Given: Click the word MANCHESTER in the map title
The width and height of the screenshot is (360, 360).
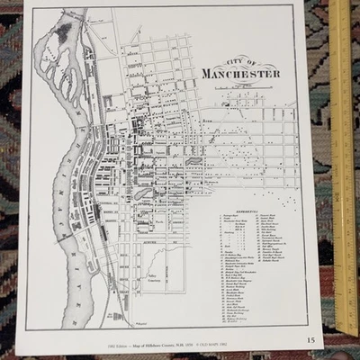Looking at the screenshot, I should pos(240,73).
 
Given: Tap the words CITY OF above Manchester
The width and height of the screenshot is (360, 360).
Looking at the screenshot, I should pos(240,60).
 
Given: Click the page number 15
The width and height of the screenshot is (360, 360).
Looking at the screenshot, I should pos(310,339).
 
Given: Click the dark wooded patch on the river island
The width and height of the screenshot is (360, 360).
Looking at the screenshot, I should pos(64,34).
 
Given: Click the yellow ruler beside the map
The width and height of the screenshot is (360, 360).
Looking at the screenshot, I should pos(343,162).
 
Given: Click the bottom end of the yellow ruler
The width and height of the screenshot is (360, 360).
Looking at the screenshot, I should pos(346,331).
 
